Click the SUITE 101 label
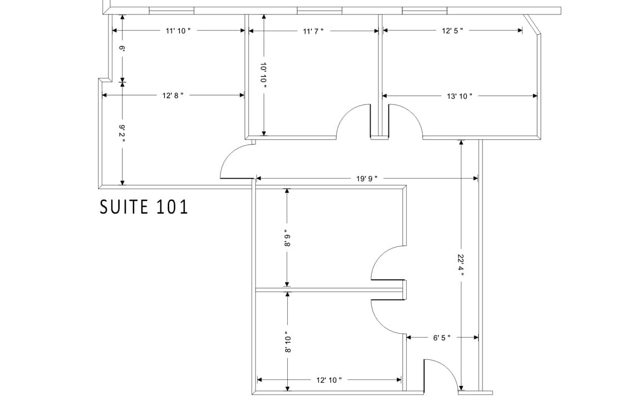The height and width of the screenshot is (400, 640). pyautogui.click(x=144, y=206)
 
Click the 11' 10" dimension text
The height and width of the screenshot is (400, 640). pyautogui.click(x=178, y=31)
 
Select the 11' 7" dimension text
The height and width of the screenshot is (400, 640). pyautogui.click(x=313, y=31)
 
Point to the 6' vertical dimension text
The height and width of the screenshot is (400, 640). pyautogui.click(x=122, y=49)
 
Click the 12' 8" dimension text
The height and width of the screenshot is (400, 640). pyautogui.click(x=173, y=95)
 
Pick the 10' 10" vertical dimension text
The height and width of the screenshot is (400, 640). pyautogui.click(x=264, y=72)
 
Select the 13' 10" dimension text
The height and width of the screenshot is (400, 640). pyautogui.click(x=460, y=96)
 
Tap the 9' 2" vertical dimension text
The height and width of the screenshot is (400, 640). pyautogui.click(x=122, y=134)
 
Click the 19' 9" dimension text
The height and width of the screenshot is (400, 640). pyautogui.click(x=367, y=179)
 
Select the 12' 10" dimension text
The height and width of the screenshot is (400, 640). pyautogui.click(x=329, y=380)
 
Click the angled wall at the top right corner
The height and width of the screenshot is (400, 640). pyautogui.click(x=533, y=24)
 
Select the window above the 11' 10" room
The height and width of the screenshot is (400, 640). pyautogui.click(x=171, y=11)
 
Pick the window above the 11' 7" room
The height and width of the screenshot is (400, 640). pyautogui.click(x=319, y=11)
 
